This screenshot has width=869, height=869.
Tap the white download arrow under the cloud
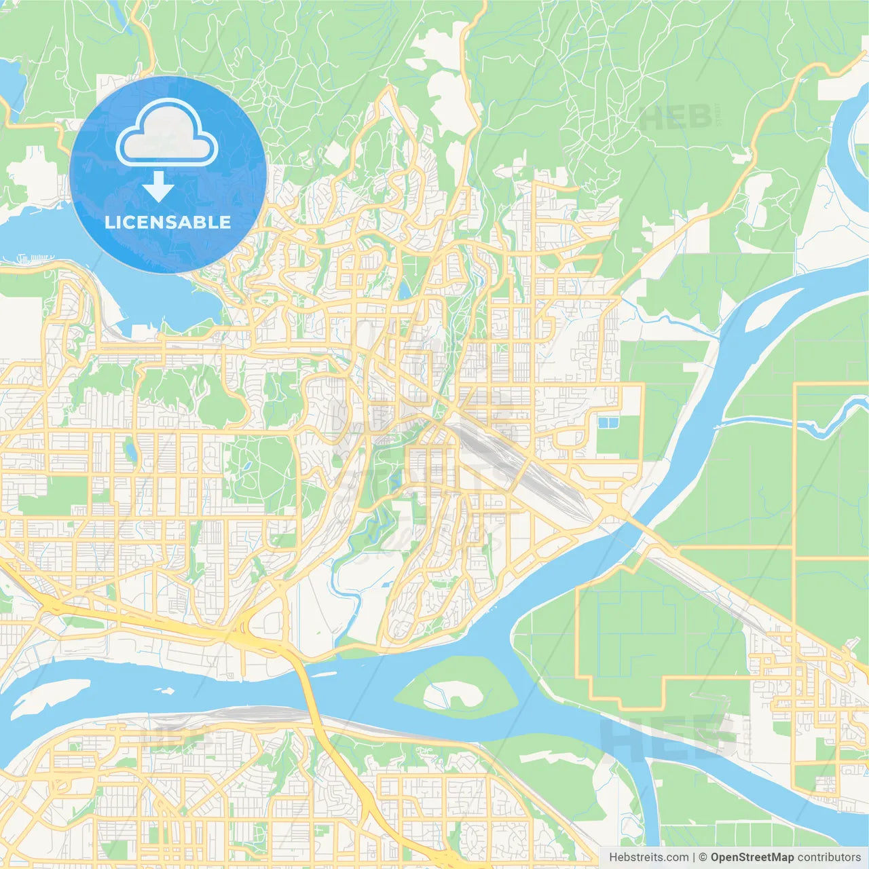(158, 187)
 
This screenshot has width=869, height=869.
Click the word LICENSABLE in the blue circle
(168, 222)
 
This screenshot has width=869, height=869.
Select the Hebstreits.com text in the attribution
(648, 857)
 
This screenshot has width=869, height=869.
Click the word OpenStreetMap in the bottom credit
(752, 857)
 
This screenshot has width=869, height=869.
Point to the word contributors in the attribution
(829, 857)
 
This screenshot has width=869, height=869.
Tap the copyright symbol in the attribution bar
(703, 857)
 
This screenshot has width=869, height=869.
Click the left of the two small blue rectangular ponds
(603, 423)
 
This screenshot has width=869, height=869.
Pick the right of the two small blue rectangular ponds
(614, 423)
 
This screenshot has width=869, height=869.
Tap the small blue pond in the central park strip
(405, 291)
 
